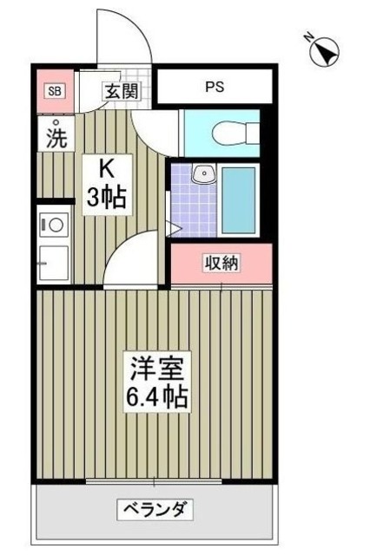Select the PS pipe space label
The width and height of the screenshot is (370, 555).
214,88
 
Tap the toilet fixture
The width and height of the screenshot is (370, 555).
232,133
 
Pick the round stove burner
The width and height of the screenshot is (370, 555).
55,223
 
